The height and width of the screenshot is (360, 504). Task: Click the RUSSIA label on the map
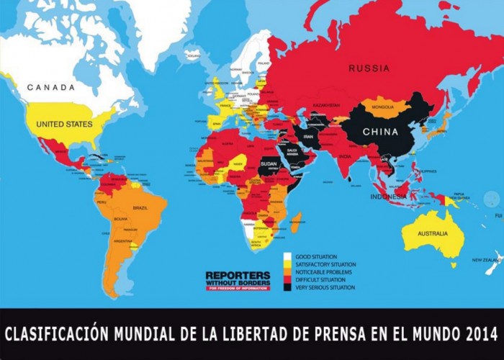click(369, 68)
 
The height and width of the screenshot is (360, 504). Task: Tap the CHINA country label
click(380, 132)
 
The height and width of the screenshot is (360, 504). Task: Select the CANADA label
click(51, 87)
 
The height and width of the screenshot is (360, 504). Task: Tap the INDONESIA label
click(389, 197)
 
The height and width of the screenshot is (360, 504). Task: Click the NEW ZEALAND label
click(486, 260)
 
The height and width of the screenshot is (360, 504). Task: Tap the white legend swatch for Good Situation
click(287, 256)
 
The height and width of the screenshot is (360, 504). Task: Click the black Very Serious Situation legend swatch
click(287, 287)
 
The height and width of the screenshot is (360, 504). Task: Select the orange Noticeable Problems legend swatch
click(287, 271)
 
